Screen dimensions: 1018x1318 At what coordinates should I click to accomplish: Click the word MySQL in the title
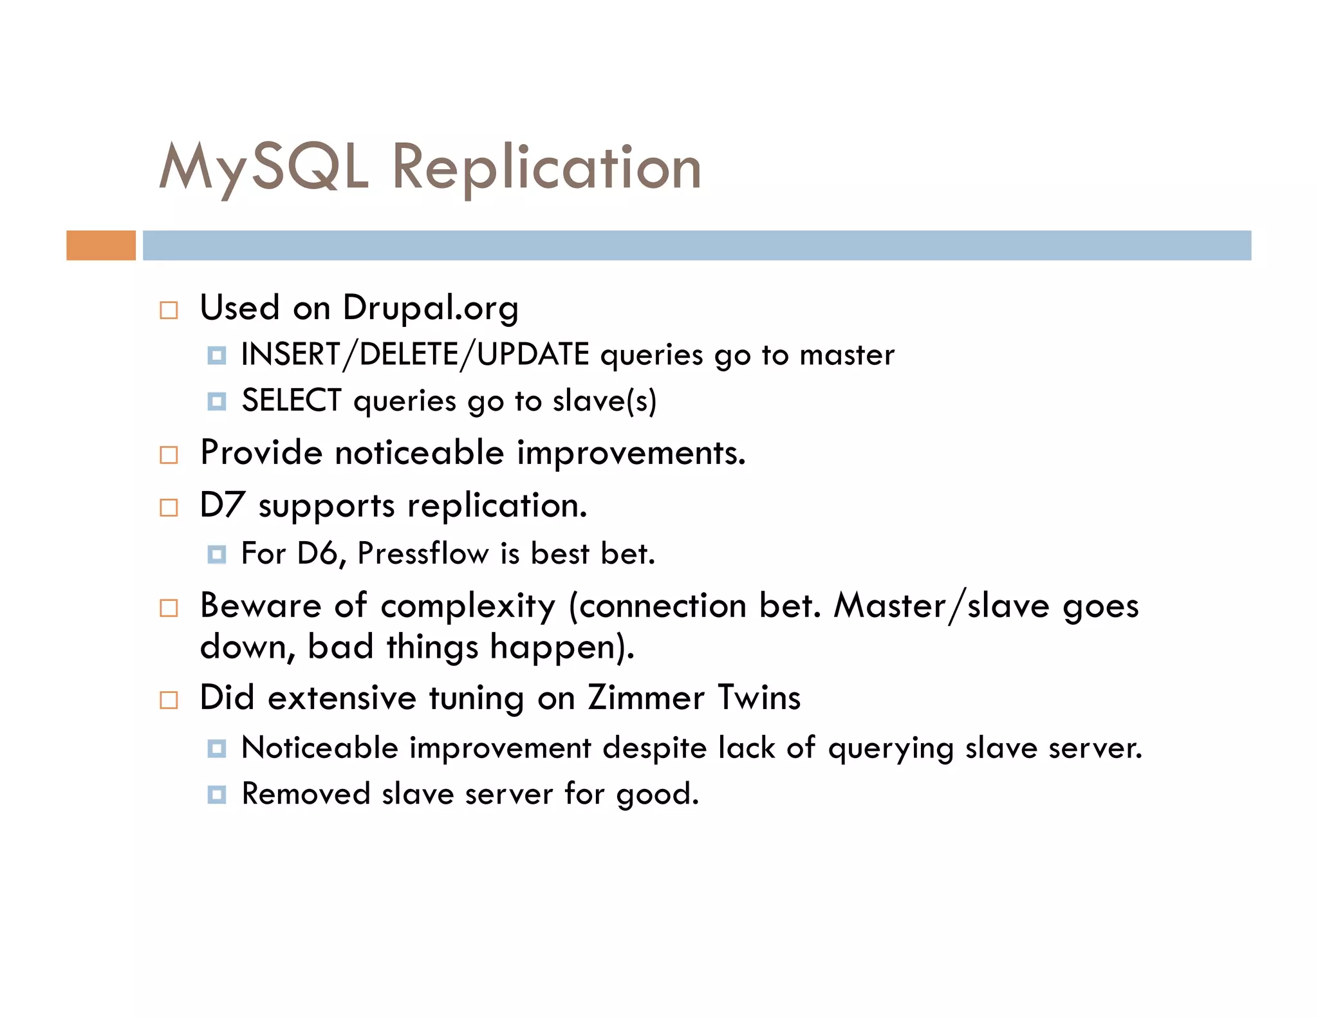[x=264, y=167]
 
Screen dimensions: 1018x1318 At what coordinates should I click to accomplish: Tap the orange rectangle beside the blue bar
[x=101, y=245]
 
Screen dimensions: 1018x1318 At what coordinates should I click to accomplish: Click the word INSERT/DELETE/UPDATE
[x=415, y=355]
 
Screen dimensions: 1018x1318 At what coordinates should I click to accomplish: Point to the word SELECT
[x=291, y=401]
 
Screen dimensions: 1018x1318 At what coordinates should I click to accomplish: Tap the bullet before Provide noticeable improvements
[x=169, y=455]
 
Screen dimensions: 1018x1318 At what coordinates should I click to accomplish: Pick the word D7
[x=222, y=505]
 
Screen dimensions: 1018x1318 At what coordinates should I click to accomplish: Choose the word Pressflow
[x=423, y=553]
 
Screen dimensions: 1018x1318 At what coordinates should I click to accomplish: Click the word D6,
[x=322, y=553]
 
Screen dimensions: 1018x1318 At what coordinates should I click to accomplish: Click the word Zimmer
[x=646, y=698]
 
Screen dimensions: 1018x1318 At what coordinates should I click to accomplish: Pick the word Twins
[x=759, y=698]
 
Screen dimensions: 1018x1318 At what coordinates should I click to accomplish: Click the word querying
[x=891, y=748]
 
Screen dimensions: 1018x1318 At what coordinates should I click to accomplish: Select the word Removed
[x=306, y=794]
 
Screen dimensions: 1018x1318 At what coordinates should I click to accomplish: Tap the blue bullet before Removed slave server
[x=217, y=795]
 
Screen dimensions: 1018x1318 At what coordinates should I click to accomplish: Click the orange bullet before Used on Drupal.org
[x=169, y=310]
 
